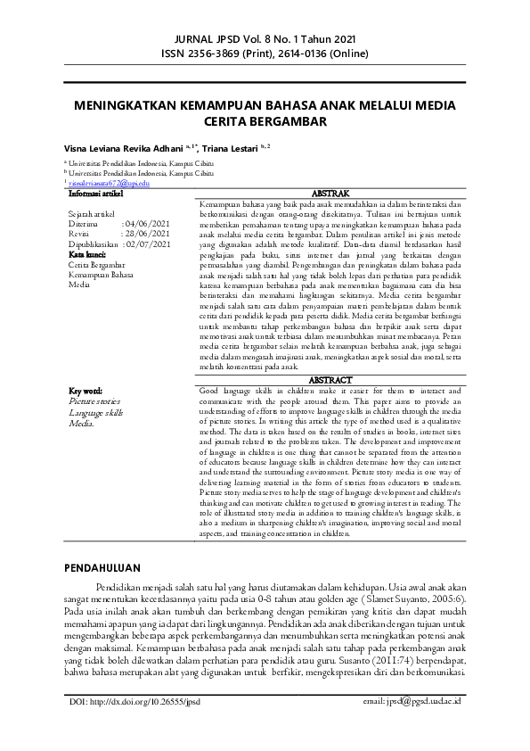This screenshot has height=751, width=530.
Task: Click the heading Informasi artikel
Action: [x=97, y=192]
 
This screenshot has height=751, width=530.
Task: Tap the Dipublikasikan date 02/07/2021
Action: [x=147, y=242]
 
